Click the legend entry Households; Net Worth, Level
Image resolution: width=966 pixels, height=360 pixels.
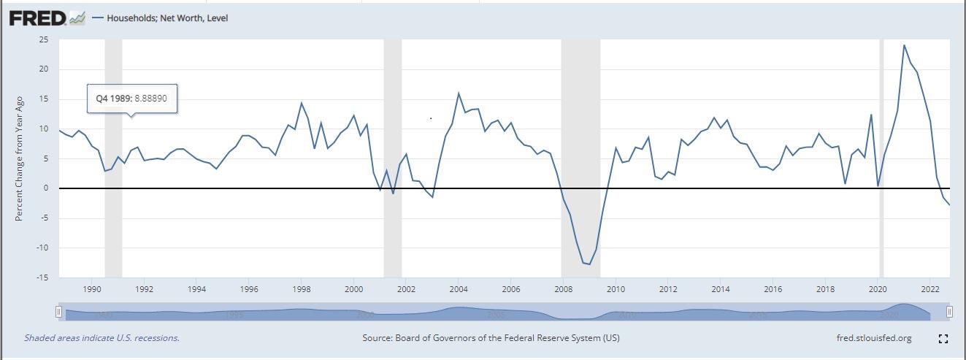click(167, 18)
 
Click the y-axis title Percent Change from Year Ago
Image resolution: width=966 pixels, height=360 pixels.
click(20, 158)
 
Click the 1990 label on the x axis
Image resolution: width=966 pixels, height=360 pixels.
click(92, 289)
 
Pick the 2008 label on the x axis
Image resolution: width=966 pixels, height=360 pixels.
click(563, 289)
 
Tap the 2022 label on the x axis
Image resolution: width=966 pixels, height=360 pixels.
click(930, 289)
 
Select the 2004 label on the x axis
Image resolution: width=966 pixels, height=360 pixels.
click(459, 289)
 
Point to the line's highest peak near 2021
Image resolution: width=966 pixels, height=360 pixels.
click(904, 45)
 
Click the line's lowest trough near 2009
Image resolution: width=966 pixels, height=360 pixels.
click(589, 264)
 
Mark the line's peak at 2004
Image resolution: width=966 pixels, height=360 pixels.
click(459, 93)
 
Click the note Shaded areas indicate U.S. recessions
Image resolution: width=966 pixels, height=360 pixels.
click(101, 338)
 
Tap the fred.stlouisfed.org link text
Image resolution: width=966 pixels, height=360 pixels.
click(874, 338)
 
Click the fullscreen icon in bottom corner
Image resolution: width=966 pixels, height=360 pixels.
click(942, 339)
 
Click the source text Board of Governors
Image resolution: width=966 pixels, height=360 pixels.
click(491, 338)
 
